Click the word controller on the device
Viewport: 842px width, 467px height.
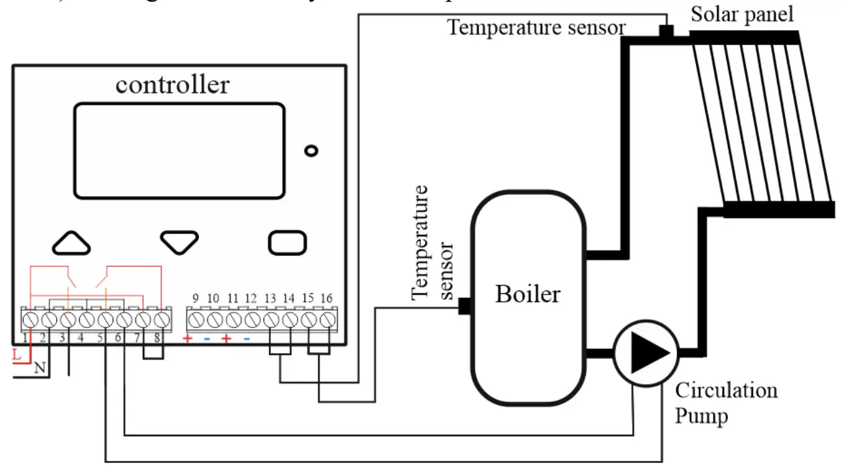[x=172, y=85]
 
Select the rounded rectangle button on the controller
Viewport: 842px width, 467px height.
[x=288, y=242]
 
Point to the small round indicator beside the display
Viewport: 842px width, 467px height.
[x=310, y=151]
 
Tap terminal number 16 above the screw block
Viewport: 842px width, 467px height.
[x=327, y=297]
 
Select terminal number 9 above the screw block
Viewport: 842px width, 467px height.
[x=195, y=297]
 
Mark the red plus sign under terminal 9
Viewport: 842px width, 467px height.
[x=188, y=339]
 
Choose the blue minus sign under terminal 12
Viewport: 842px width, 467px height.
[x=247, y=339]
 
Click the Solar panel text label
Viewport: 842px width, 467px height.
[x=742, y=13]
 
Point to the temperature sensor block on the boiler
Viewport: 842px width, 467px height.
[x=465, y=307]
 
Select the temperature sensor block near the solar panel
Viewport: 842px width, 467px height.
[x=666, y=31]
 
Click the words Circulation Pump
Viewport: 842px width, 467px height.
[x=725, y=403]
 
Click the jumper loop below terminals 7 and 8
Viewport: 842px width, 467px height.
[x=154, y=353]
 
